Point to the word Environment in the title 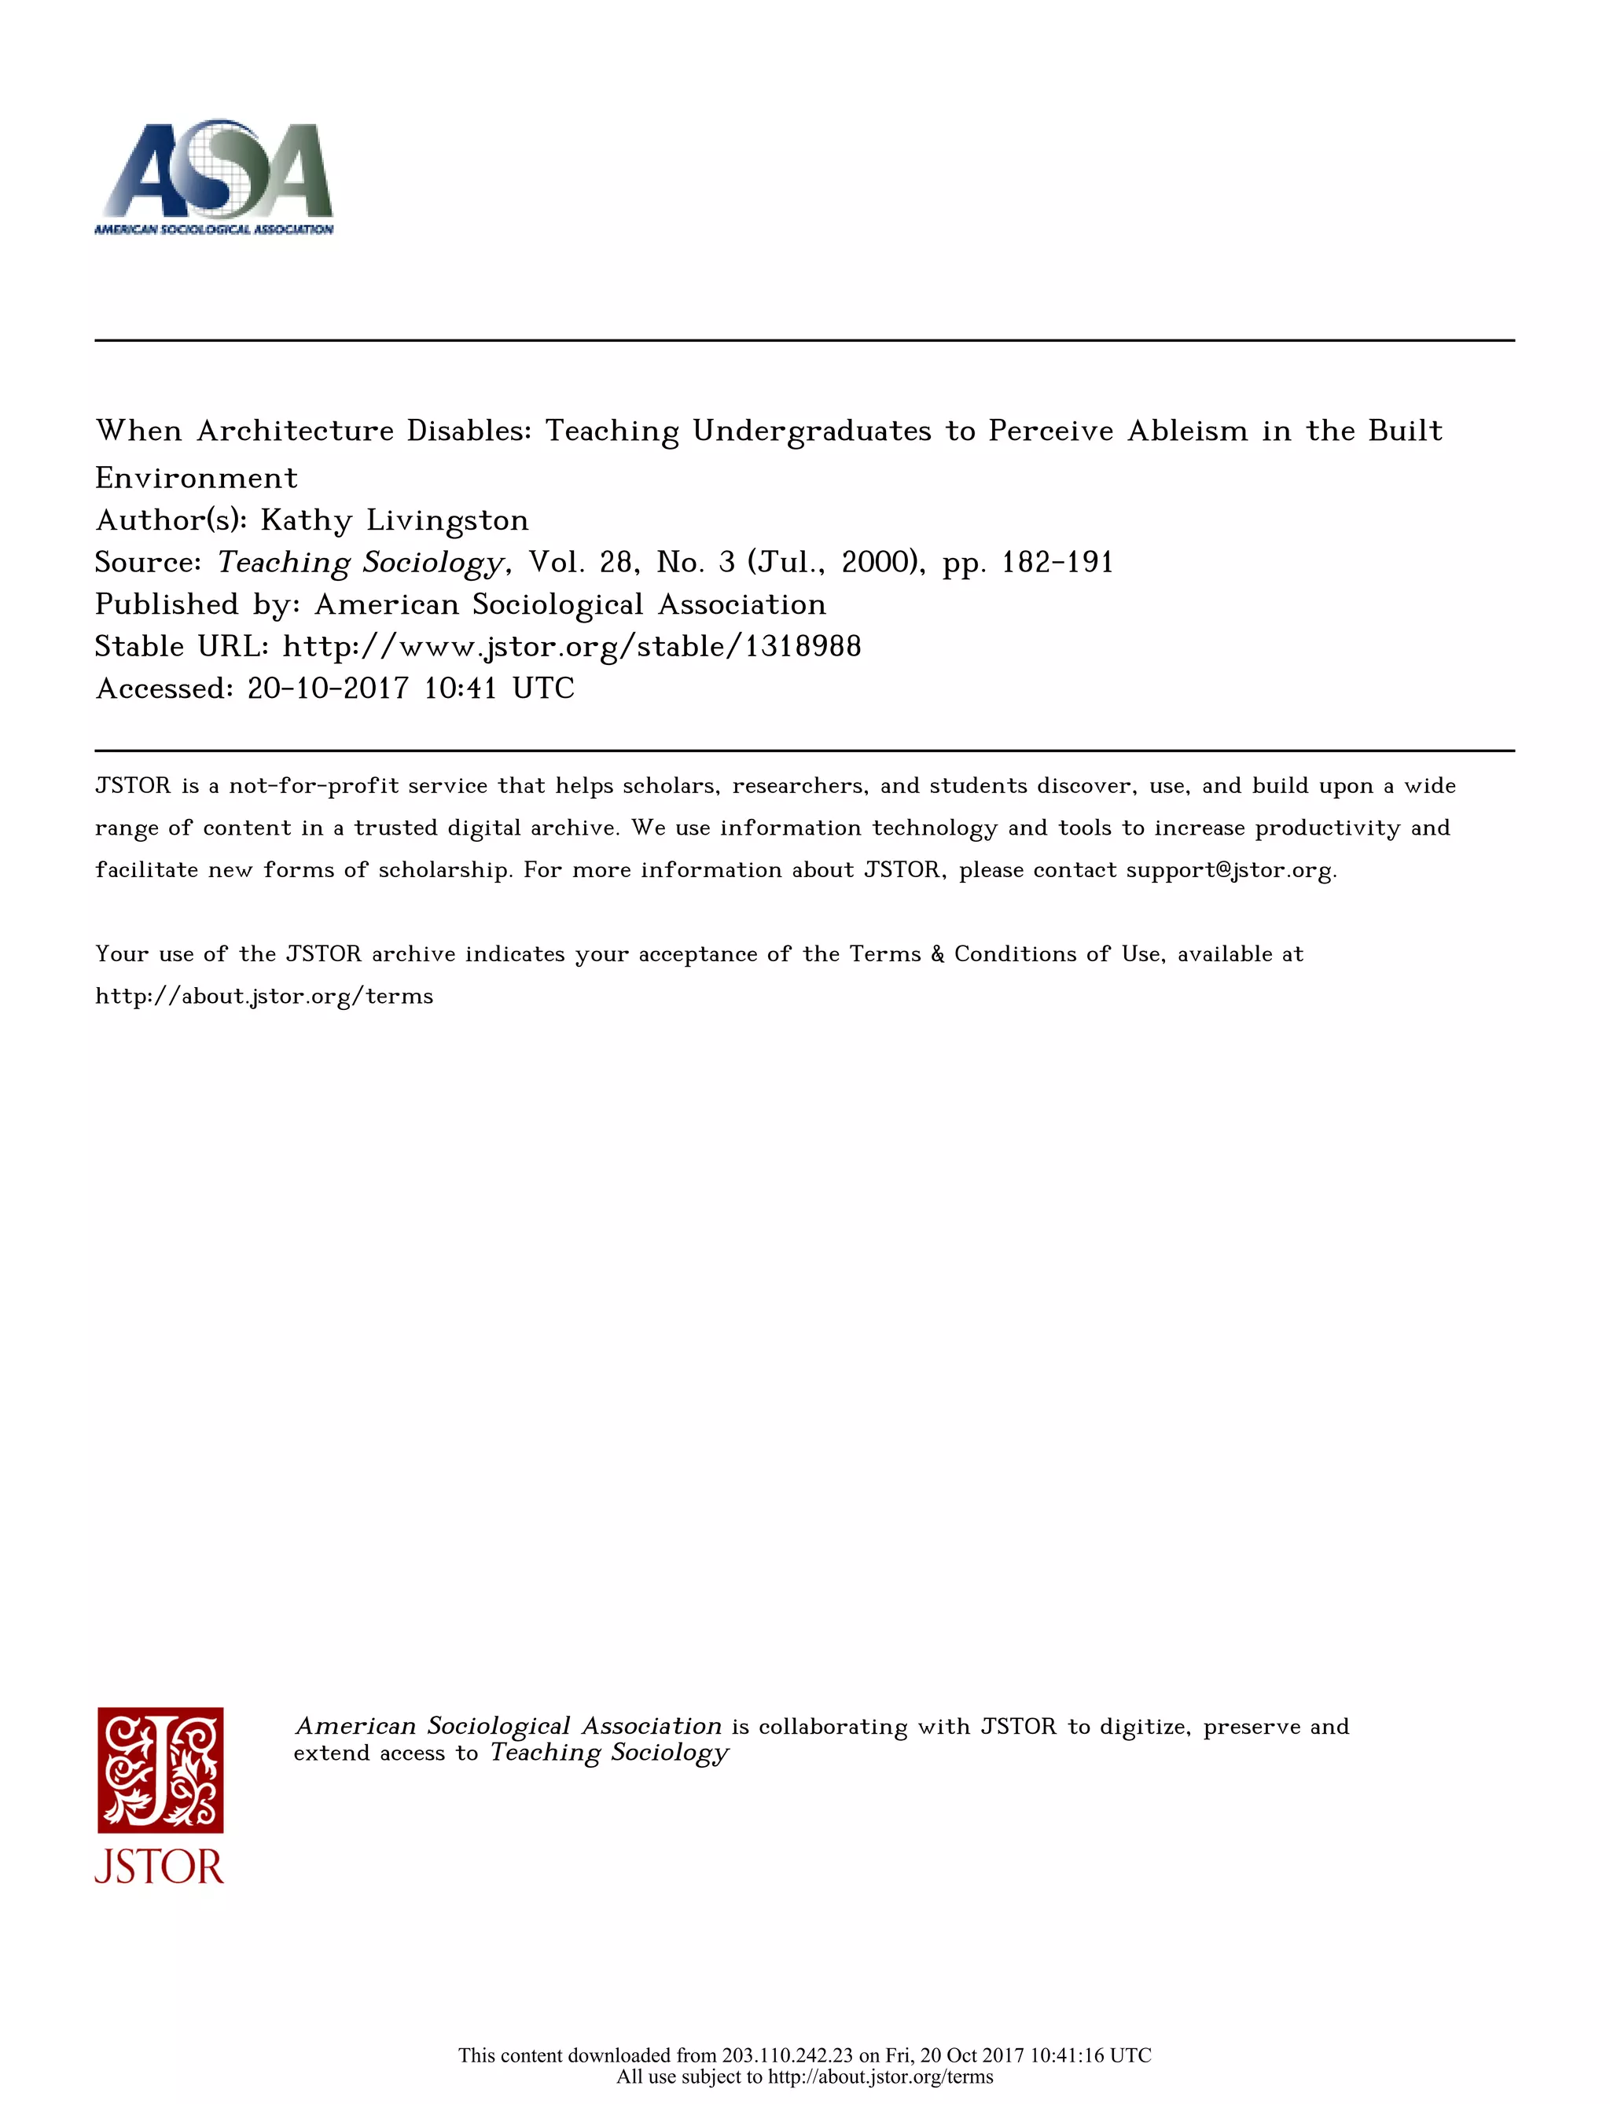[x=197, y=477]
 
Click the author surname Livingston [x=447, y=520]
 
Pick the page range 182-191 [x=1057, y=563]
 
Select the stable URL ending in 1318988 [x=572, y=647]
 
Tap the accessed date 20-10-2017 [x=328, y=688]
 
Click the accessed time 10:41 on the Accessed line [x=460, y=688]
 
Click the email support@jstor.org [x=1229, y=870]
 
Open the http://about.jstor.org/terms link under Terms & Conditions [x=264, y=997]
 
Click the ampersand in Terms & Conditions [x=937, y=954]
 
